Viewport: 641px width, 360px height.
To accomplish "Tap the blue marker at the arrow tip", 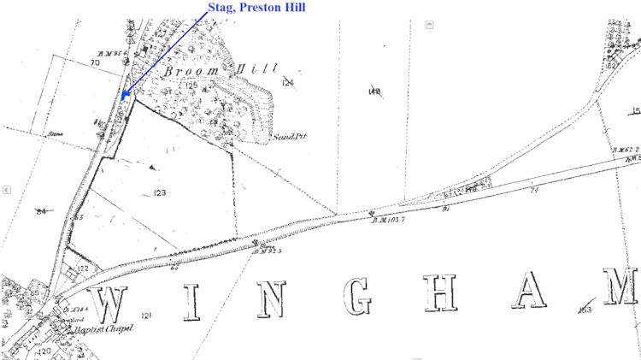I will (125, 94).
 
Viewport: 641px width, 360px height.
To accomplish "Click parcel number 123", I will (160, 193).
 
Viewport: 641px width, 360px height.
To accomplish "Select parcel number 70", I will (94, 62).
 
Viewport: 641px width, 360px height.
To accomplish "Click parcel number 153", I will (585, 309).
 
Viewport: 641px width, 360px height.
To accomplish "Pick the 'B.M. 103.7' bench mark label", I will (387, 221).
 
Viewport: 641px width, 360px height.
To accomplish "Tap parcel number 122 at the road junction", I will (82, 268).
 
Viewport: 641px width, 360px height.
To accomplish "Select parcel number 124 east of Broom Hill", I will (288, 82).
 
